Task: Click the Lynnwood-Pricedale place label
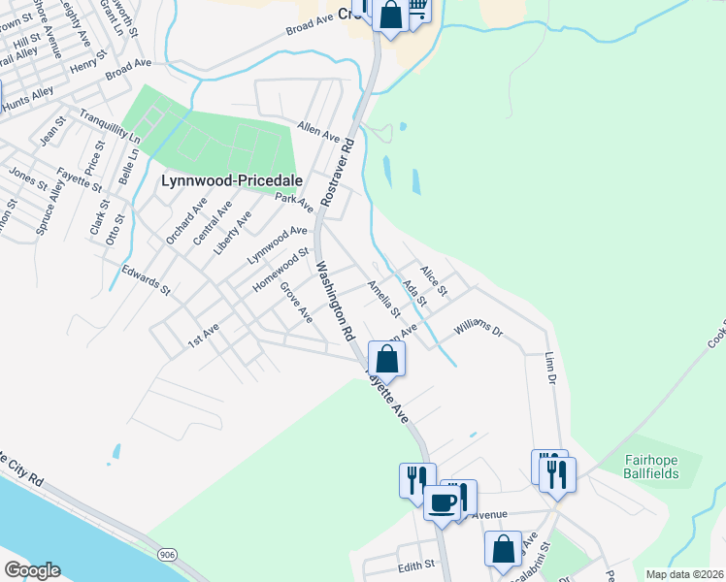(232, 180)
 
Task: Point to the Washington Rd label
(332, 302)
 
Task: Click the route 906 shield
(169, 554)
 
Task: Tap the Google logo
(32, 570)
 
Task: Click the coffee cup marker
(443, 503)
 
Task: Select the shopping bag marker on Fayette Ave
(386, 358)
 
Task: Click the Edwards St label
(146, 277)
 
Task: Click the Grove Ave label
(296, 302)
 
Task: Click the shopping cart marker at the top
(417, 10)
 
